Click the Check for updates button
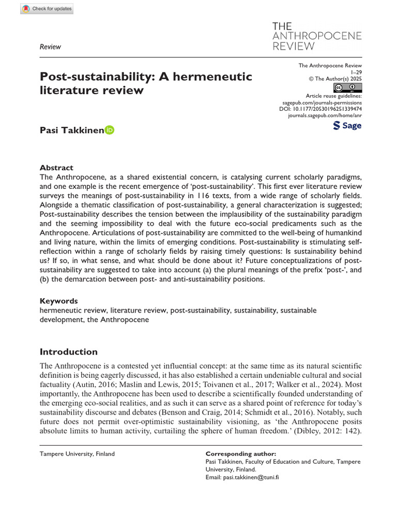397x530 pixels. click(x=47, y=9)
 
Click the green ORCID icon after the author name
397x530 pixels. click(x=110, y=130)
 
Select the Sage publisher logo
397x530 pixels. click(x=347, y=126)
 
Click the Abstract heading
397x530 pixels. click(x=56, y=168)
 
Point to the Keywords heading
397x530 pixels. click(x=59, y=301)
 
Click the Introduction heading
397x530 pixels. click(x=69, y=352)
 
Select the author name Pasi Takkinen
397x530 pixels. click(x=72, y=130)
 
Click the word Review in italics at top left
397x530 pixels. click(x=50, y=47)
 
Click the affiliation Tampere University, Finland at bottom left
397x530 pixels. click(x=77, y=454)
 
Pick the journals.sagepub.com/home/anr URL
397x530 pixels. click(x=325, y=116)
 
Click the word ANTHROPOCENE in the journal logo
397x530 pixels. click(x=316, y=36)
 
